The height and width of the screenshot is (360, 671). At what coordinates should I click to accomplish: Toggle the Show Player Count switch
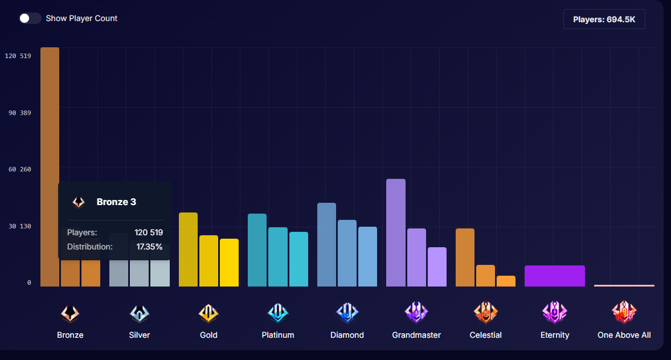click(x=30, y=18)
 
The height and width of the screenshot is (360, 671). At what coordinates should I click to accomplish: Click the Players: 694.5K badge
click(x=604, y=19)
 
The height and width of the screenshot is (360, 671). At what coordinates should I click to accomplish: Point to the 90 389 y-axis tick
click(x=19, y=113)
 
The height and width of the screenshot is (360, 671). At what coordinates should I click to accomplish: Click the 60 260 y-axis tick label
click(x=19, y=169)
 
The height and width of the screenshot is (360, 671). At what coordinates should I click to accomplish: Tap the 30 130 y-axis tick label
click(x=19, y=226)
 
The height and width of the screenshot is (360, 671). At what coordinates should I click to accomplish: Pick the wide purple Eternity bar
click(x=554, y=276)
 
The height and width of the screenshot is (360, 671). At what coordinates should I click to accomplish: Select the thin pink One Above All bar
click(x=624, y=285)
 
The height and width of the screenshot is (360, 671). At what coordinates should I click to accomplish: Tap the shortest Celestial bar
click(x=506, y=281)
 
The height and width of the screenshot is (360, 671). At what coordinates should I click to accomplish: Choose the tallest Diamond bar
click(x=326, y=244)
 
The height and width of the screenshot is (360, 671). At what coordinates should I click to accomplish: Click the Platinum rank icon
click(x=278, y=312)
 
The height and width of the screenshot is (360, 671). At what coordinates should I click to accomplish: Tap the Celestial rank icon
click(x=486, y=312)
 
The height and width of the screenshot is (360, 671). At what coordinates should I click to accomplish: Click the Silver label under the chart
click(x=140, y=335)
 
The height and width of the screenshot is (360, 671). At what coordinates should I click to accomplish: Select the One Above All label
click(x=624, y=335)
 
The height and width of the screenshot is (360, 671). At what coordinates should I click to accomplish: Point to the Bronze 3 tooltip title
click(x=116, y=202)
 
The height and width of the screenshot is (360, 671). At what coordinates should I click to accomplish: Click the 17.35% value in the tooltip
click(x=149, y=247)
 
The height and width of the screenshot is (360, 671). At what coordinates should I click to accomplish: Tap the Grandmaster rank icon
click(x=416, y=312)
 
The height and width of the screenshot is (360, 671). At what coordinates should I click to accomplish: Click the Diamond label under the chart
click(x=347, y=335)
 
